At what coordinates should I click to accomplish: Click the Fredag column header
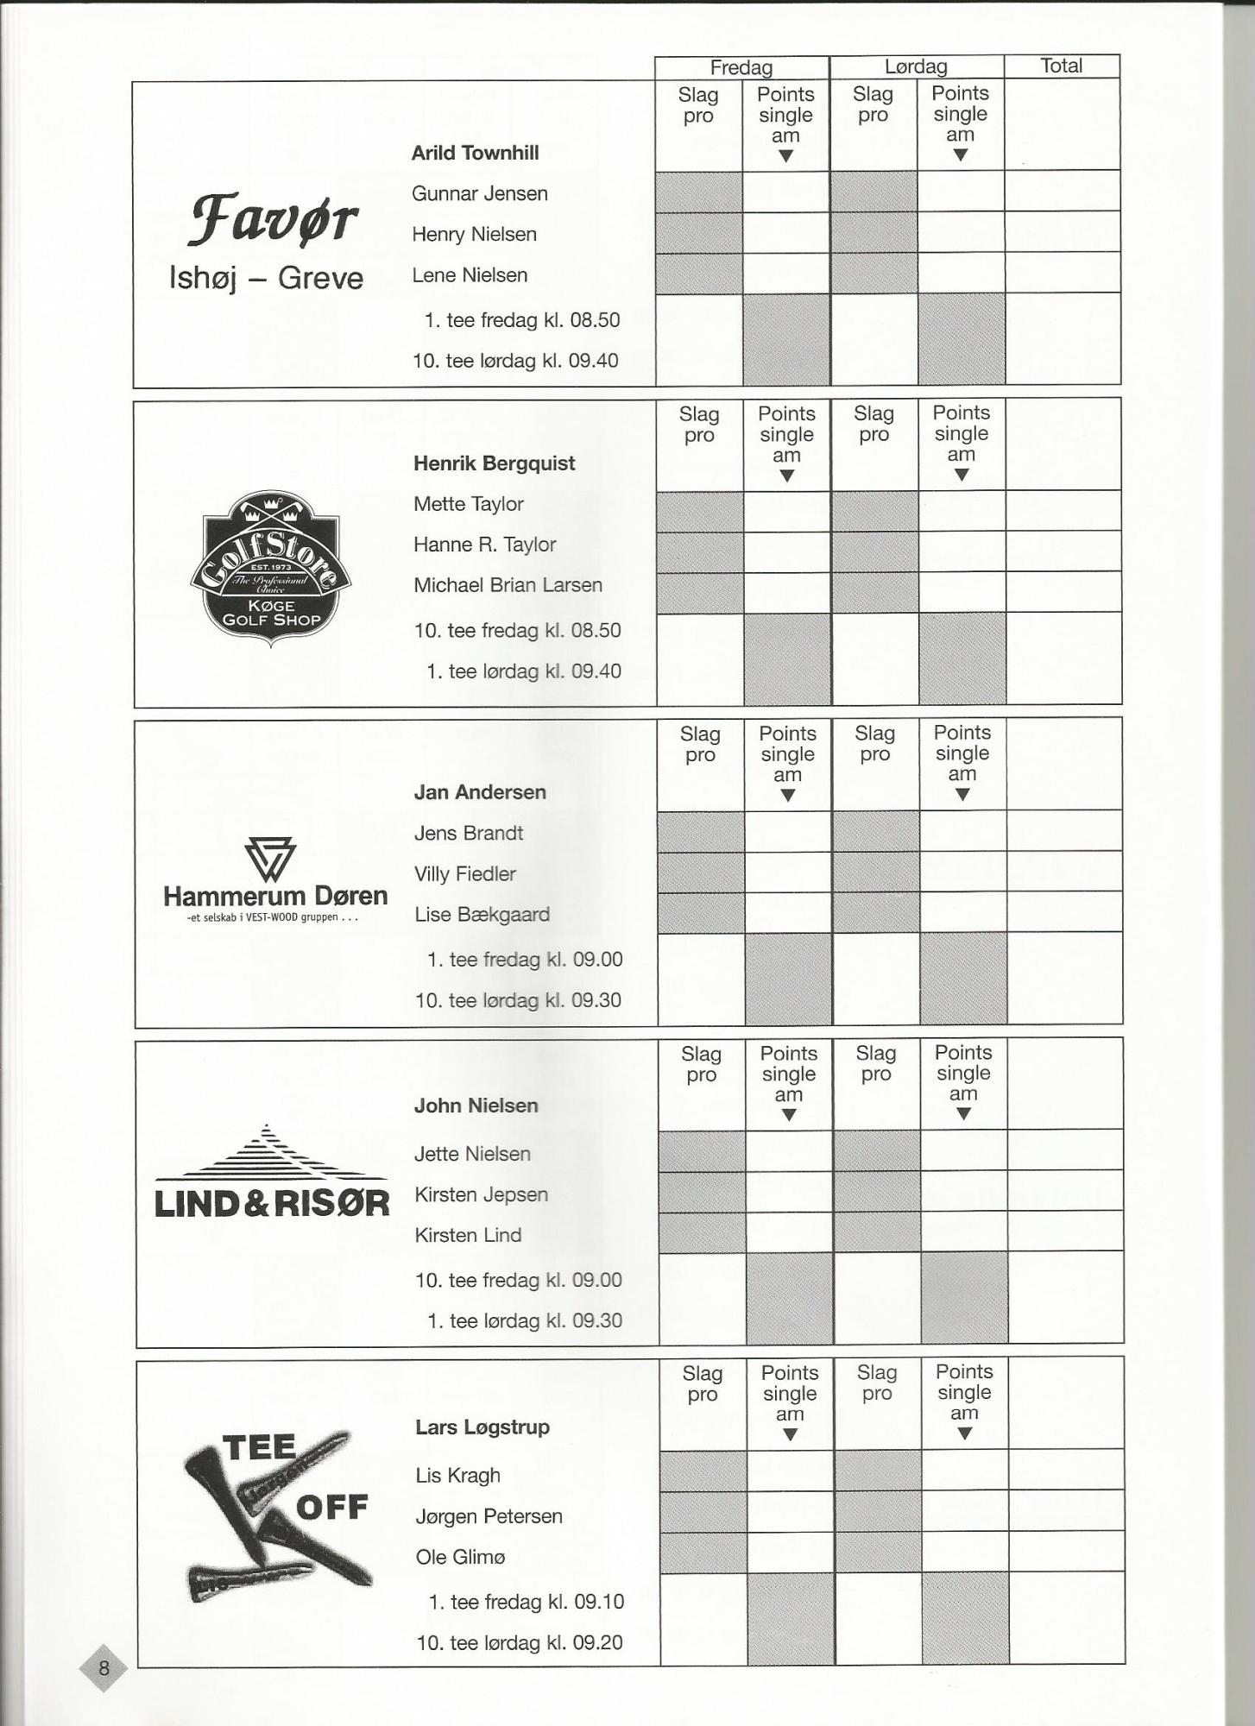pos(741,67)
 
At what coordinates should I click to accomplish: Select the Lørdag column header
pos(916,66)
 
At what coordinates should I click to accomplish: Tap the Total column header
pos(1061,66)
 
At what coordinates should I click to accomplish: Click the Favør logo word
pos(272,219)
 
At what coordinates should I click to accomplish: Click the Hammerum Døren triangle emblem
pos(270,859)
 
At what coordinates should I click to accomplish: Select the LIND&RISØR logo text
pos(272,1203)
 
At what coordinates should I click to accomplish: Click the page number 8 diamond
pos(104,1667)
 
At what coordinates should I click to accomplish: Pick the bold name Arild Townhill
pos(475,153)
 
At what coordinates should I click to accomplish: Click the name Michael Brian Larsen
pos(508,585)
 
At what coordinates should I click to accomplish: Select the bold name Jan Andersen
pos(480,792)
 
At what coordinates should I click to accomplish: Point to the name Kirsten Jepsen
pos(481,1194)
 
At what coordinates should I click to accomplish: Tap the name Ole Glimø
pos(460,1557)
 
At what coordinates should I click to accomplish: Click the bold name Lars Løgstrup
pos(482,1427)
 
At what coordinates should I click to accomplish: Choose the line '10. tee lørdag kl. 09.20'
pos(520,1642)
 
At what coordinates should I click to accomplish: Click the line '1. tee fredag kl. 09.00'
pos(525,960)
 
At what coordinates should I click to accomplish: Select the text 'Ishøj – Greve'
pos(266,278)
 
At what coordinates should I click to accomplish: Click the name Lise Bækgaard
pos(482,915)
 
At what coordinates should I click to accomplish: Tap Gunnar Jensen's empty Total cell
pos(1062,191)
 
